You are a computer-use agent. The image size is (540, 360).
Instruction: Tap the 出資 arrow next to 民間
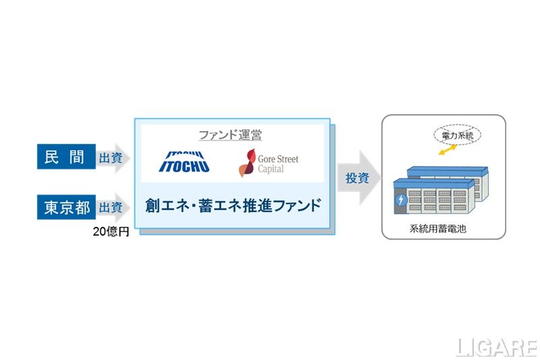(112, 158)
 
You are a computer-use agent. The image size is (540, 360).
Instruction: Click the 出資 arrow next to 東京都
(112, 207)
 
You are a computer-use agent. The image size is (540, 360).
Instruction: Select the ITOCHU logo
(184, 161)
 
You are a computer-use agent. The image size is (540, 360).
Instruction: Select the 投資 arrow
(356, 178)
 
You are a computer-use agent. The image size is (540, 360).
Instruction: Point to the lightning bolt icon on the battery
(402, 201)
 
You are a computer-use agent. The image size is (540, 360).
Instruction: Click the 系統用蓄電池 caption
(443, 229)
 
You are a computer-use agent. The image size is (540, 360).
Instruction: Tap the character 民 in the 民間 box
(54, 158)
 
